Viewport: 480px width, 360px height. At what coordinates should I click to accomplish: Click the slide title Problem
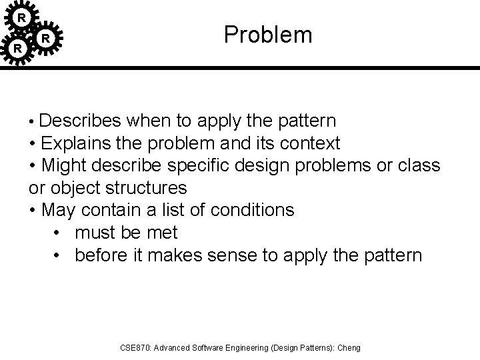[268, 35]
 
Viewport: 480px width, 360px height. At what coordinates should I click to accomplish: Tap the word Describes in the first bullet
[80, 121]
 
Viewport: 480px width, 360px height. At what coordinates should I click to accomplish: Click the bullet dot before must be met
[57, 233]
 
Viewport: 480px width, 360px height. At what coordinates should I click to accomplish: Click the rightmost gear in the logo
[46, 39]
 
